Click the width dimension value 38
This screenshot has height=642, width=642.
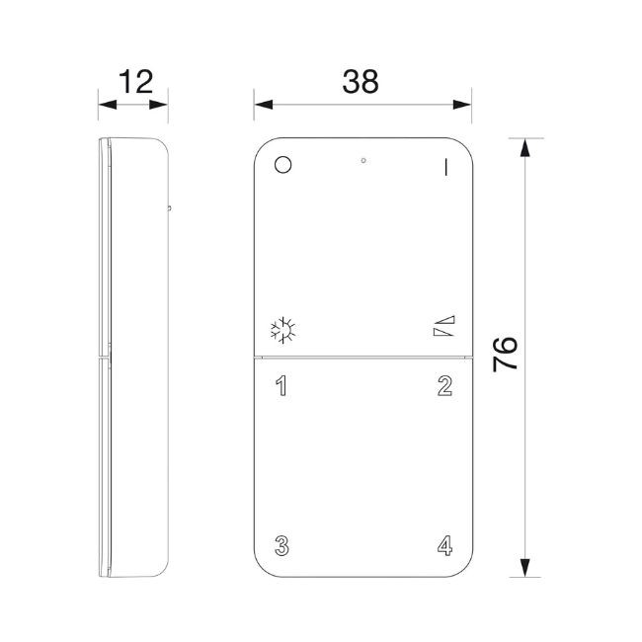pos(361,82)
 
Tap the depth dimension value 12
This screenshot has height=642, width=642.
pos(133,82)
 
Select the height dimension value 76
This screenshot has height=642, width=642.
pos(506,353)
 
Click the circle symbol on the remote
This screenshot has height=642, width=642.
pos(283,165)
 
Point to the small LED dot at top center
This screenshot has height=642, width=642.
pos(363,159)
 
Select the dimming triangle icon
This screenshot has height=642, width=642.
pos(444,328)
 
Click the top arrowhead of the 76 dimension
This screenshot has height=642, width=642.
pos(523,149)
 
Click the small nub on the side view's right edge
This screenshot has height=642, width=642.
pos(169,208)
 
